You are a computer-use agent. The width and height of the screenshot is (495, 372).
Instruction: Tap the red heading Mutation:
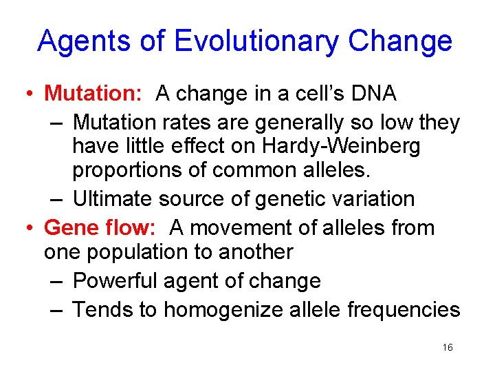96,93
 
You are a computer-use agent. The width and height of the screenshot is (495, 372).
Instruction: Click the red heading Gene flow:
103,227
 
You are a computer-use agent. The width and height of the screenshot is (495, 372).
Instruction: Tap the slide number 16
448,348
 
